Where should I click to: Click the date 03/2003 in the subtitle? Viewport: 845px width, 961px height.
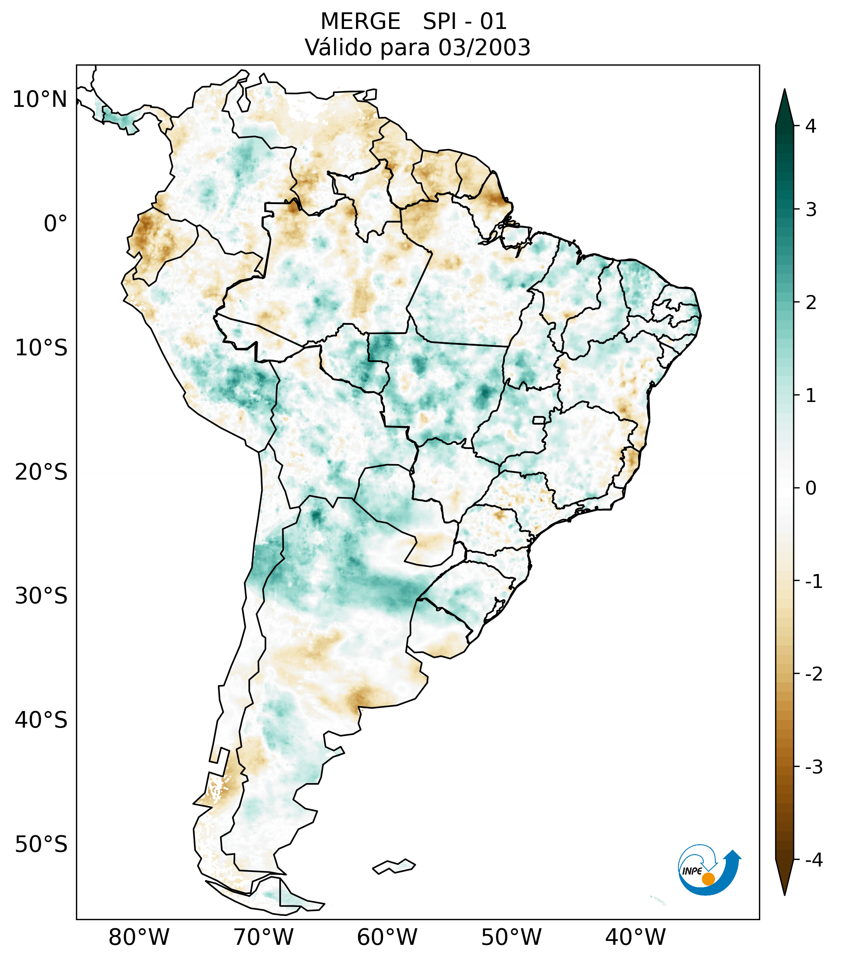click(x=484, y=47)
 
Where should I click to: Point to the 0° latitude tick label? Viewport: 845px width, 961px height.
click(x=56, y=224)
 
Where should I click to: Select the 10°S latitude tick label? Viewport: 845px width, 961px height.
click(x=41, y=348)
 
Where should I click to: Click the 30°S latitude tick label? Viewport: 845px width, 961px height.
click(x=41, y=596)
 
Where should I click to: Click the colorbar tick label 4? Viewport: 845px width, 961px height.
click(x=811, y=126)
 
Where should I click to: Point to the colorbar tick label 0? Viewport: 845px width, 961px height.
click(x=811, y=488)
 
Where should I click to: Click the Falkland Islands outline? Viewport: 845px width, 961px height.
click(x=394, y=866)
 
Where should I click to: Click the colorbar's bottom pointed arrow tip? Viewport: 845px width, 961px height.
click(x=784, y=894)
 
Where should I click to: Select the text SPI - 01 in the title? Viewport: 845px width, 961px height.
click(x=464, y=22)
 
